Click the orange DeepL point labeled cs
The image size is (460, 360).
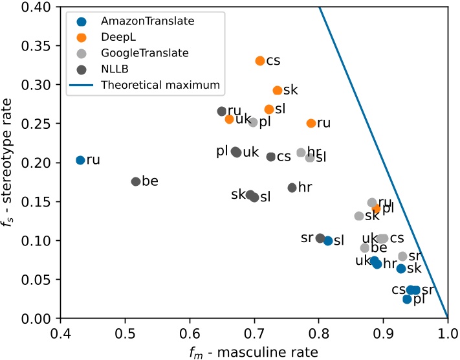[x=260, y=61]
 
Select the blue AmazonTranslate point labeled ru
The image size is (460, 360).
[x=80, y=160]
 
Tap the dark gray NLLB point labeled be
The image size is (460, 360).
[x=136, y=182]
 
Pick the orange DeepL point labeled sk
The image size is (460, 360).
[x=278, y=91]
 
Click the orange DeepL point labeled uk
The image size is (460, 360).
[x=229, y=119]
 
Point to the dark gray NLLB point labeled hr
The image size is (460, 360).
[x=292, y=188]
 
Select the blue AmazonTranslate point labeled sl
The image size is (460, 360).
[x=328, y=241]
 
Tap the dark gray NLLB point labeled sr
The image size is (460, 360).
[x=320, y=238]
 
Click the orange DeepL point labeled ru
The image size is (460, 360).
[x=311, y=123]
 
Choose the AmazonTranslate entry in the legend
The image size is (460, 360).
[x=137, y=21]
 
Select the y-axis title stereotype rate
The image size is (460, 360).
[x=11, y=162]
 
